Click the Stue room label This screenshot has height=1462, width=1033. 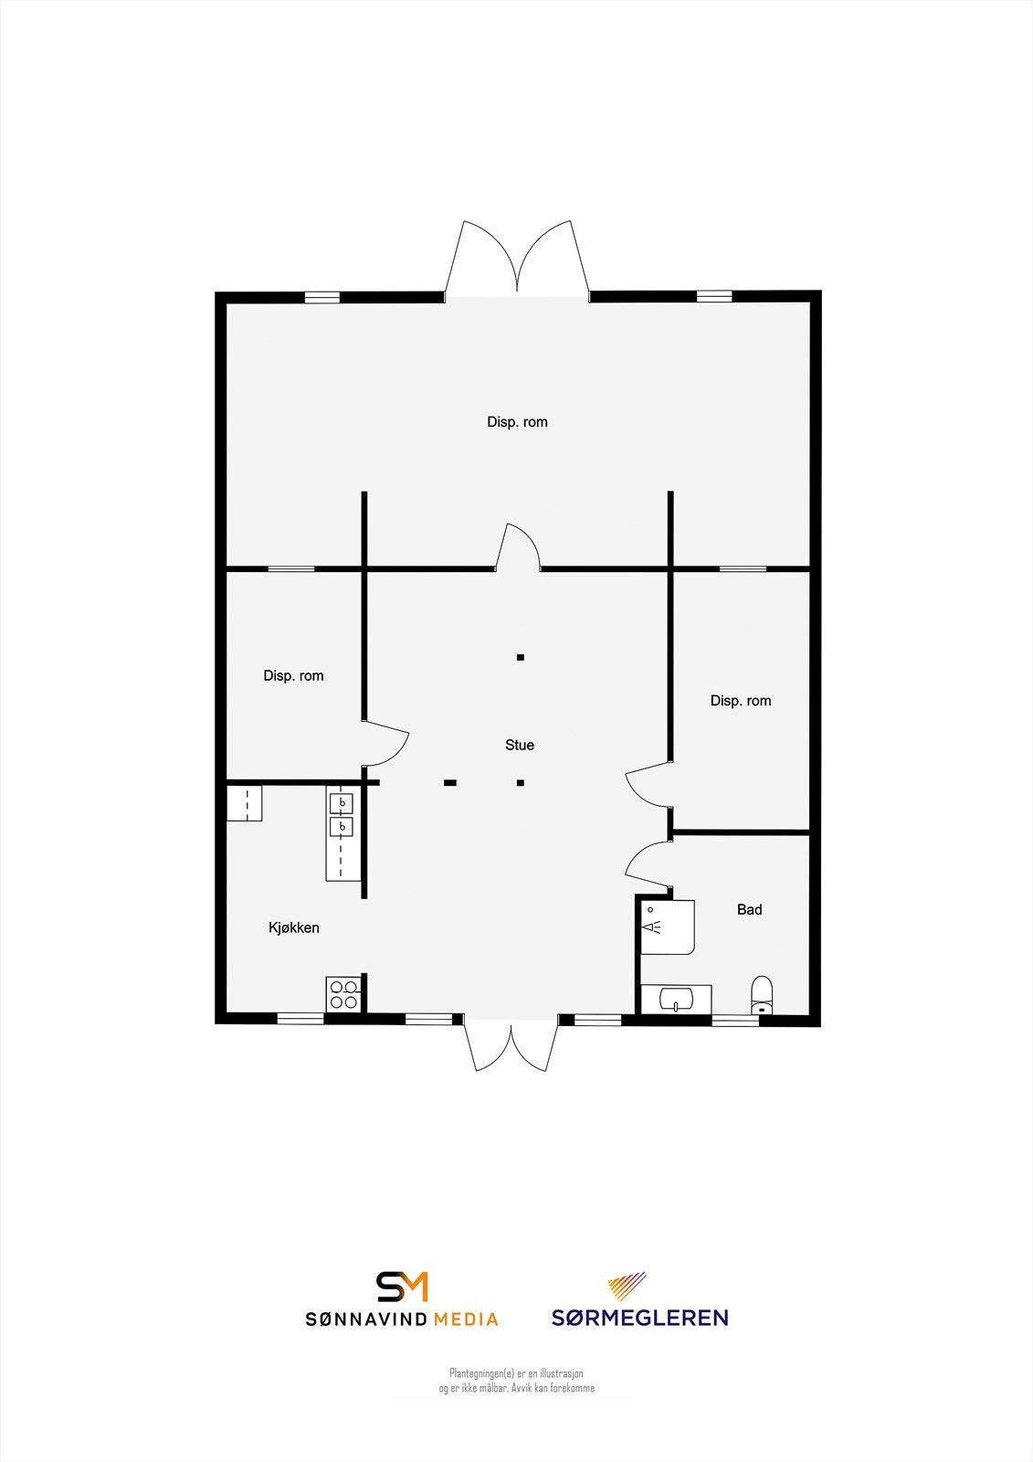coord(519,745)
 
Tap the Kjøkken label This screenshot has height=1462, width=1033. coord(293,927)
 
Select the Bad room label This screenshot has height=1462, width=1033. coord(749,909)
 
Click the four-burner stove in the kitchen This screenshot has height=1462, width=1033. coord(343,994)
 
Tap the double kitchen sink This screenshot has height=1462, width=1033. coord(342,815)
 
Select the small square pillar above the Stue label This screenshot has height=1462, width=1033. coord(520,657)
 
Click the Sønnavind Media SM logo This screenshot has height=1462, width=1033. coord(402,1286)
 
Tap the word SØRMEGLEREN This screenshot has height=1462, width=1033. coord(639,1318)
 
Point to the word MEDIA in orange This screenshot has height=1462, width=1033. coord(466,1319)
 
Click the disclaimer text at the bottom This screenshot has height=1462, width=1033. coord(516,1381)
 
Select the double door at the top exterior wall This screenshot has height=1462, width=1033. coord(517,260)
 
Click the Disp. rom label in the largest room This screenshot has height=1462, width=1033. coord(517,421)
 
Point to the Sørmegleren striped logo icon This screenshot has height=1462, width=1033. coord(627,1286)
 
